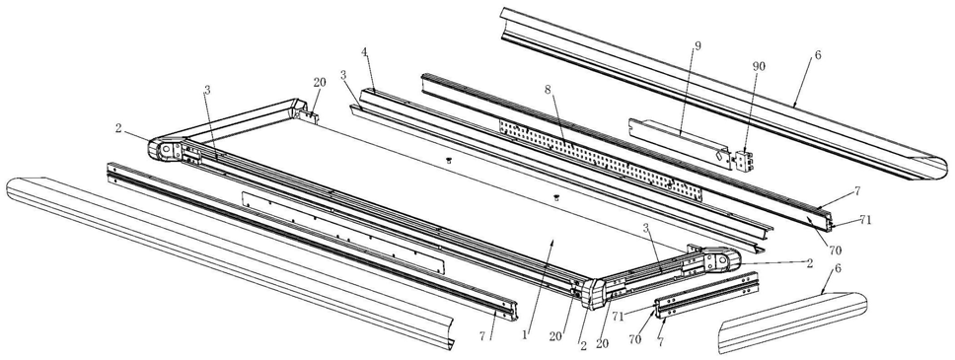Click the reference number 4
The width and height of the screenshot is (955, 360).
364,69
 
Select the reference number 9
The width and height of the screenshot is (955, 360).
698,45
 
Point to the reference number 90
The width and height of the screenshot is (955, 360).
759,66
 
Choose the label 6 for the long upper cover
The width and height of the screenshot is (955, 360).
817,54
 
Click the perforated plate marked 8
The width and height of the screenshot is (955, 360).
600,160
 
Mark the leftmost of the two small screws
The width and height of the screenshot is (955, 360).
448,160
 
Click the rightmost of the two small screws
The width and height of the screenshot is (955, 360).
556,197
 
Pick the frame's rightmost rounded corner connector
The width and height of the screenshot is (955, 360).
722,260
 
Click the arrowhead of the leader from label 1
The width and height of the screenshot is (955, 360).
553,241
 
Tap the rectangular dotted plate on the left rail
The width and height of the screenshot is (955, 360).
343,233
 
